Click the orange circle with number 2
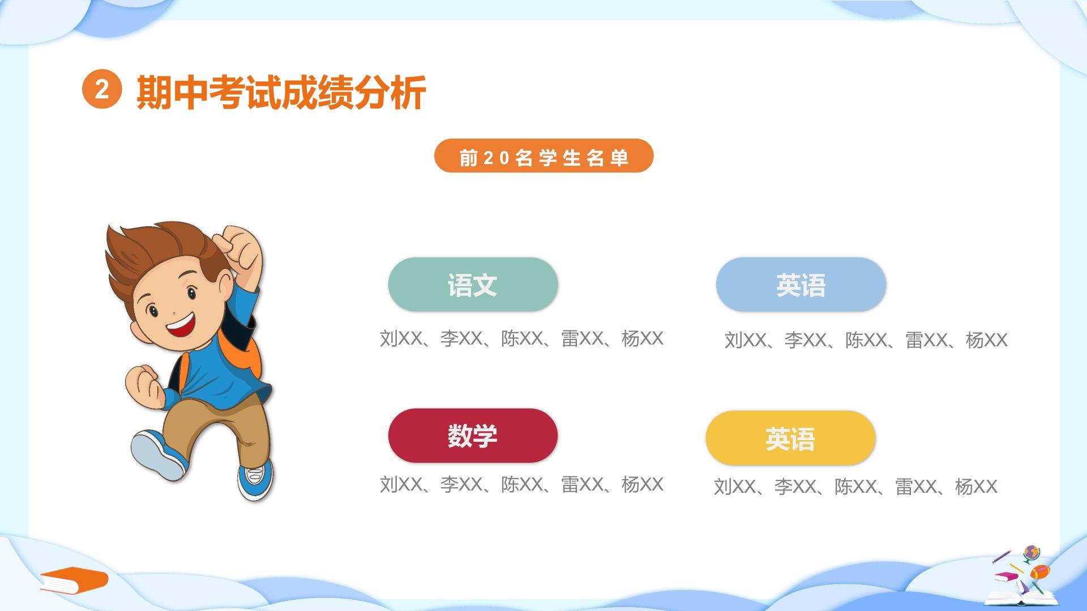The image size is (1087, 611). coord(102,90)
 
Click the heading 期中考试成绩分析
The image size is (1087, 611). coord(281,92)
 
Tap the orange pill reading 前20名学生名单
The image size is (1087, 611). coord(543,156)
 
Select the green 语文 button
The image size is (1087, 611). coord(473,284)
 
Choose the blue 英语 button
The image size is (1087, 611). coord(801,284)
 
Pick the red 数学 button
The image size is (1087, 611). coord(473,436)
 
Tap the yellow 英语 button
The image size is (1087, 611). coord(790,438)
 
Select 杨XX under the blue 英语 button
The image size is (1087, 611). coord(986,340)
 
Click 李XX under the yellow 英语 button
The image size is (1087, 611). coord(795,487)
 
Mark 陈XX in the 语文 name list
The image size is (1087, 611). coord(521,338)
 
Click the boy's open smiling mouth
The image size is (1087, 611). coord(182,325)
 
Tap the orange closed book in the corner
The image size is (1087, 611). coord(74,579)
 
